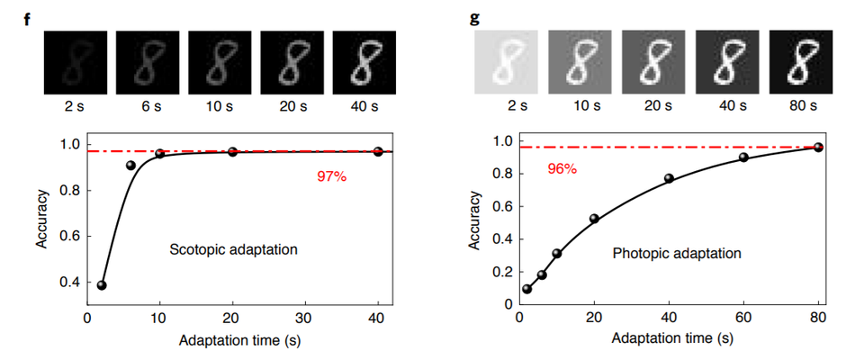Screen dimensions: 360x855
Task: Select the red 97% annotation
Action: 331,176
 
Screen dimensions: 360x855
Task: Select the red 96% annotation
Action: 562,168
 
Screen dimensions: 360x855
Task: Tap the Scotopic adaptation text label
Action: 233,248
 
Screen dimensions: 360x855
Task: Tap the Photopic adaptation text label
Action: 677,254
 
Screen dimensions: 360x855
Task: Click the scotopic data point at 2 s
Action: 102,285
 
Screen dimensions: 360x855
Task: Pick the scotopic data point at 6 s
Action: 130,166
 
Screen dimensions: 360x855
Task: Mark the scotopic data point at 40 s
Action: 378,151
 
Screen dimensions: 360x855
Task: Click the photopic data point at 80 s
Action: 818,147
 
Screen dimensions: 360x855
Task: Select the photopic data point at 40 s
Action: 669,178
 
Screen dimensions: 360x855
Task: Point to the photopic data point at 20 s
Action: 594,219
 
